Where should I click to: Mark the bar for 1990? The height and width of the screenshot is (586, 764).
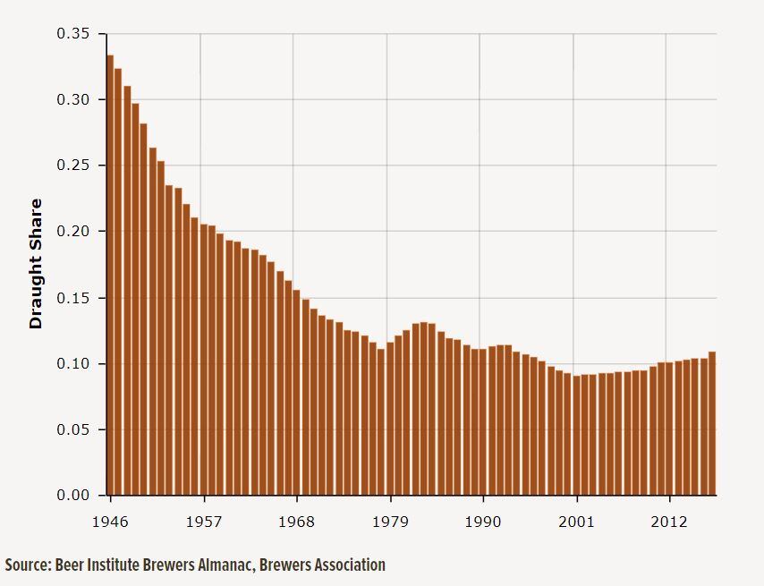tap(483, 421)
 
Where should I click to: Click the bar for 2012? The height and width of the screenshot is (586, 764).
tap(670, 429)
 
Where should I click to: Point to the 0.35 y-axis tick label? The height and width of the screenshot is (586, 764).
tap(73, 34)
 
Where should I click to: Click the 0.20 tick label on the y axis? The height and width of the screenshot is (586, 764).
tap(73, 232)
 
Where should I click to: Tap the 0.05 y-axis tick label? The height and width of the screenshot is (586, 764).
tap(73, 429)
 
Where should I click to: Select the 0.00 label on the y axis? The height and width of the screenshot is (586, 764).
tap(73, 495)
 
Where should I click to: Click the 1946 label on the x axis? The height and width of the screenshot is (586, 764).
tap(110, 521)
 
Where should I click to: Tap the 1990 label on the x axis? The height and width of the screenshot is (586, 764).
tap(483, 521)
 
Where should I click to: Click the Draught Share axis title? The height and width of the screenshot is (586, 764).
tap(37, 264)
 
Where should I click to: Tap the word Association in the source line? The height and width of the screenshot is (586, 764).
tap(350, 565)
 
